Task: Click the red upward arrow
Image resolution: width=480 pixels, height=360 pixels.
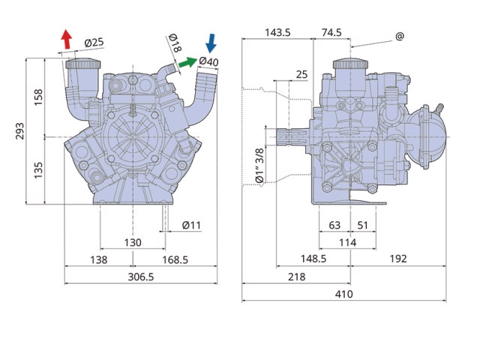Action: click(x=67, y=39)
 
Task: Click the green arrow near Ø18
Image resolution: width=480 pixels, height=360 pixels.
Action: click(x=187, y=62)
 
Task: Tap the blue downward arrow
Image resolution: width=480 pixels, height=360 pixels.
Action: click(x=211, y=43)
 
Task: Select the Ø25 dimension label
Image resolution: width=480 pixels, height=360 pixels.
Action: click(x=94, y=42)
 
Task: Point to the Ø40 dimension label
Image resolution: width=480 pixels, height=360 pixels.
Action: click(x=208, y=61)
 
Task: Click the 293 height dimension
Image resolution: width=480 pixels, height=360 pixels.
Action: click(x=19, y=131)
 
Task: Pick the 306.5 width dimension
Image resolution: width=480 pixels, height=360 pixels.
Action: click(x=141, y=277)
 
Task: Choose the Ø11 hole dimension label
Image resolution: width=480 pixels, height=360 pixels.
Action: click(x=191, y=225)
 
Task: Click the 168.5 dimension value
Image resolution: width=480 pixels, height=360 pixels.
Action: click(x=175, y=260)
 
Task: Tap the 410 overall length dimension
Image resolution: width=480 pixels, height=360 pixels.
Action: click(x=343, y=294)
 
